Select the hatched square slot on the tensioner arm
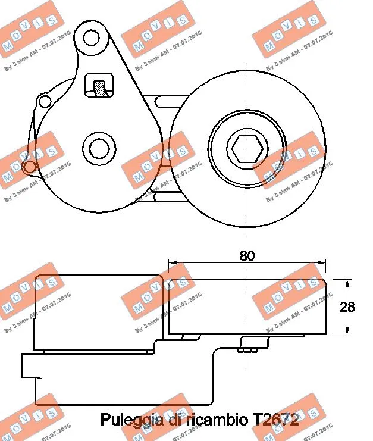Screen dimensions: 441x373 pyautogui.click(x=99, y=86)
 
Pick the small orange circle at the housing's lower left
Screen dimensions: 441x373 pyautogui.click(x=27, y=167)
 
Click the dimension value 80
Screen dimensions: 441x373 pyautogui.click(x=246, y=256)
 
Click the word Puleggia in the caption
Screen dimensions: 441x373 pyautogui.click(x=126, y=421)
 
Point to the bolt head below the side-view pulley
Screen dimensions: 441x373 pyautogui.click(x=246, y=349)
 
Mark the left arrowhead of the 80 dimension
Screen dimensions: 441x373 pyautogui.click(x=173, y=262)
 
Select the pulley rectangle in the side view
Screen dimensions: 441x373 pyautogui.click(x=246, y=306)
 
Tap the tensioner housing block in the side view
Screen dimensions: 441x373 pyautogui.click(x=98, y=312)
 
